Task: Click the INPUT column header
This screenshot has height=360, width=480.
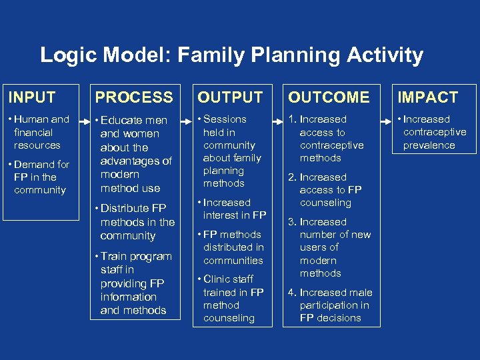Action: [31, 97]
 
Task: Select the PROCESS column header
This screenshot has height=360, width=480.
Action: [134, 97]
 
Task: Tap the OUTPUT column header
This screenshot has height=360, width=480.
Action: [230, 97]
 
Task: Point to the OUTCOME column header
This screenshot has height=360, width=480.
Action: [329, 97]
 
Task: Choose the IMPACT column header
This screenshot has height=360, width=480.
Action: [427, 97]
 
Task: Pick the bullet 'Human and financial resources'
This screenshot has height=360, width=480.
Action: [40, 132]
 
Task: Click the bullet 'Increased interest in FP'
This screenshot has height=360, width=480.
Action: [233, 209]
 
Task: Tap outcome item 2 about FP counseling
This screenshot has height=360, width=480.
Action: [327, 190]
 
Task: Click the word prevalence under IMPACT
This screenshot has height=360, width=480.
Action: [429, 145]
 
